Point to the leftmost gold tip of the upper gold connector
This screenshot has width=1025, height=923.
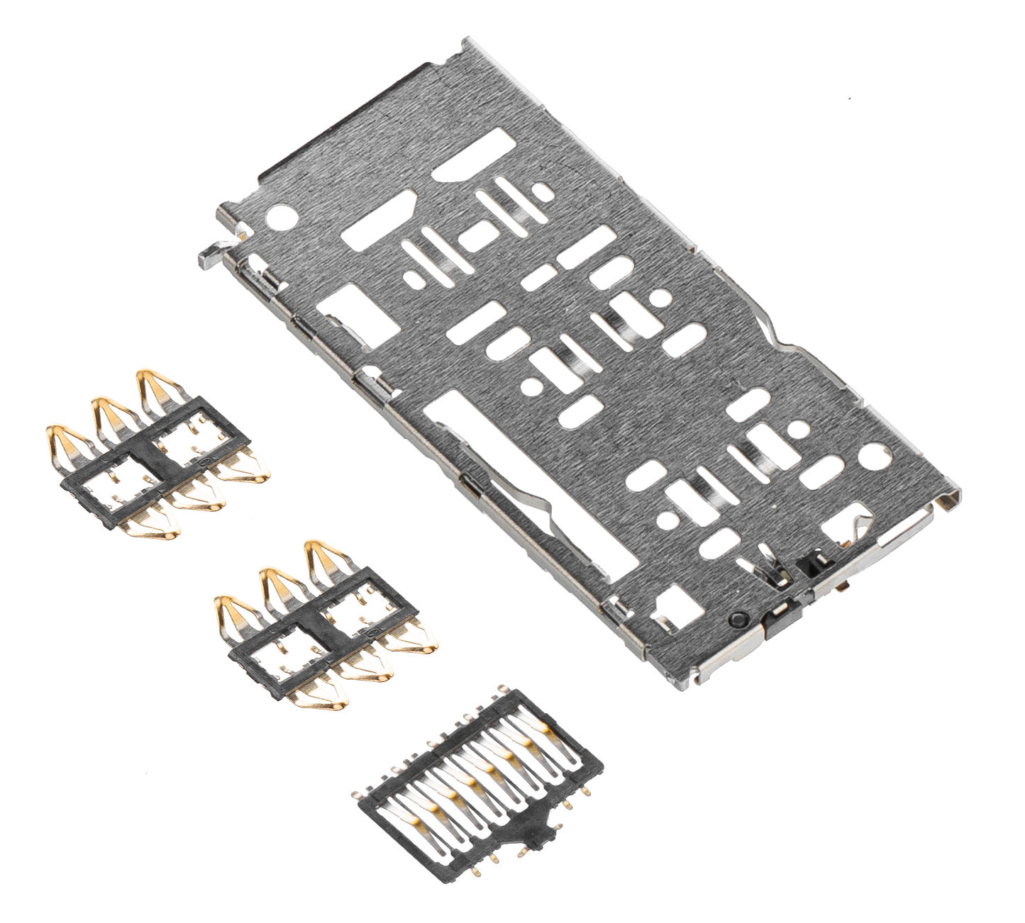(x=60, y=438)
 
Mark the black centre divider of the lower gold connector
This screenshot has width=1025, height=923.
(x=323, y=626)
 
